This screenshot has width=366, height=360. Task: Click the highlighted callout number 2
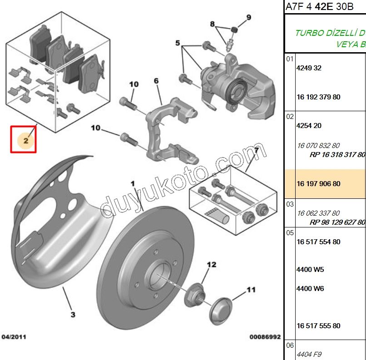pos(26,141)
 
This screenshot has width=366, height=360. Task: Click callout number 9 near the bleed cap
pos(248,18)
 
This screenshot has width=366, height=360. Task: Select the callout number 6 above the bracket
pos(156,81)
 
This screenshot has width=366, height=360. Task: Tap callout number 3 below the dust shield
pos(73,314)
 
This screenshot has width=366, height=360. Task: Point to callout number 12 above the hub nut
pos(212,264)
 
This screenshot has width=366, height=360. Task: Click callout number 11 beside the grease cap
pos(251,289)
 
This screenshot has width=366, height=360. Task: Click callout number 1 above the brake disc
pos(133,183)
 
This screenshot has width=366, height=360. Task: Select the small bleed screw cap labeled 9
pos(235,30)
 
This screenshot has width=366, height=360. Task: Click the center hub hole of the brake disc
pos(163,278)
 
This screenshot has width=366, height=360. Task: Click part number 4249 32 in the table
pos(308,68)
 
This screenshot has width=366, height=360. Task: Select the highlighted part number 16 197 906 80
pos(318,184)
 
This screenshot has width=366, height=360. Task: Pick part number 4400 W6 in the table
pos(310,288)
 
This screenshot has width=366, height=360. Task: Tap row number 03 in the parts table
pos(290,204)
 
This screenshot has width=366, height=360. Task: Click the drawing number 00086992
pos(265,337)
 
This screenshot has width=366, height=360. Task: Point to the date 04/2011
pos(14,337)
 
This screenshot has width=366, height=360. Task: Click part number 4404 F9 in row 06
pos(309,355)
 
